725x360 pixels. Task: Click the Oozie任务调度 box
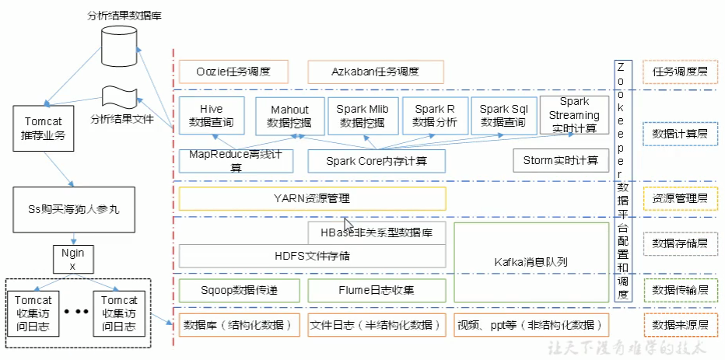coord(233,72)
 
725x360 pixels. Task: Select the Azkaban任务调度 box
coord(377,72)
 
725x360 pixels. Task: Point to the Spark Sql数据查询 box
coord(503,116)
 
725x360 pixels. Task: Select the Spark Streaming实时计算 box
coord(574,116)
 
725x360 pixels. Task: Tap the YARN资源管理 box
coord(312,198)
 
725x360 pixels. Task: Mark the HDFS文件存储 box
coord(312,255)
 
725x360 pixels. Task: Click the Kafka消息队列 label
coord(531,262)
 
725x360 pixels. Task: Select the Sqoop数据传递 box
coord(239,291)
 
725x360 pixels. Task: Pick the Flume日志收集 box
coord(377,291)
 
